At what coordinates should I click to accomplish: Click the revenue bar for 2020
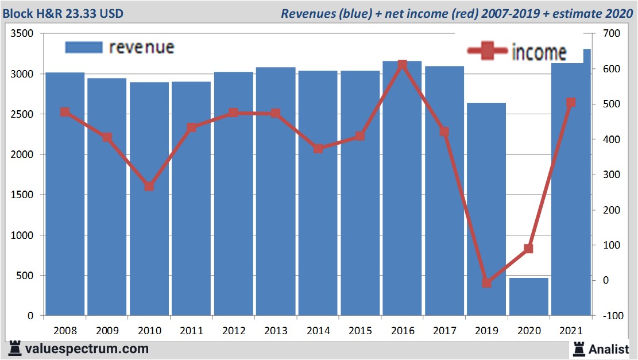tap(528, 297)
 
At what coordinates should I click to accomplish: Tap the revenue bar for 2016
tap(402, 189)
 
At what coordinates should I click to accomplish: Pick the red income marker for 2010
tap(149, 187)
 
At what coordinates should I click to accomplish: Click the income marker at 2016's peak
tap(402, 65)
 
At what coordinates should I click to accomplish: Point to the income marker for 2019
tap(486, 282)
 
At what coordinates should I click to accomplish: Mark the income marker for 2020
tap(528, 249)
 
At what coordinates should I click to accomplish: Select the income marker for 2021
tap(571, 103)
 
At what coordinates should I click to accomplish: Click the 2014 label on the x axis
tap(318, 331)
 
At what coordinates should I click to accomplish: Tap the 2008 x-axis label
tap(65, 331)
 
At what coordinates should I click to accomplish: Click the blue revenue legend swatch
tap(83, 47)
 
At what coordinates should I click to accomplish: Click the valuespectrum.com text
tap(87, 349)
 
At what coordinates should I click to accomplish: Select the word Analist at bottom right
tap(609, 349)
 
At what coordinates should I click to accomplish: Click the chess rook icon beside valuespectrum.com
tap(14, 348)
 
